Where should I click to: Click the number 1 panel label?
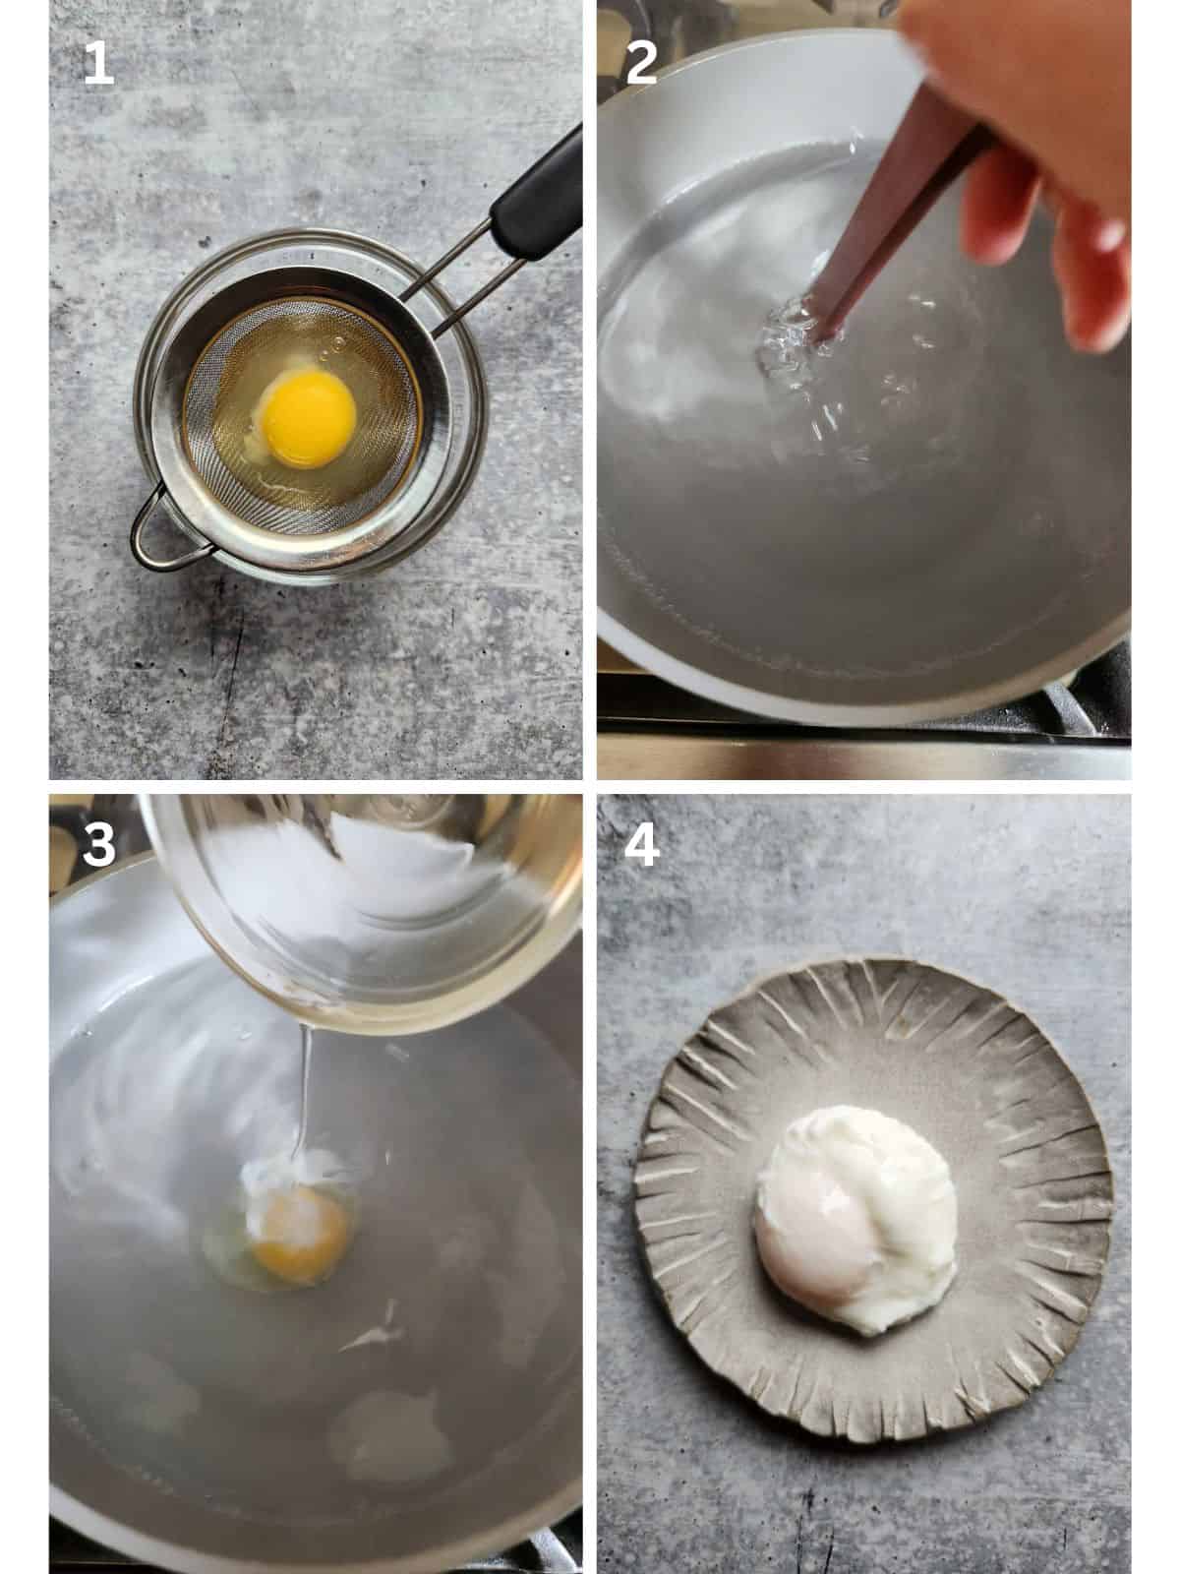(97, 64)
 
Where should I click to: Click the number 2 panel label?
(641, 64)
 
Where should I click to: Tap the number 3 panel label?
(97, 844)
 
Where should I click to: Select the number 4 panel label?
(641, 844)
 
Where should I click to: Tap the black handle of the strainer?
(536, 197)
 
